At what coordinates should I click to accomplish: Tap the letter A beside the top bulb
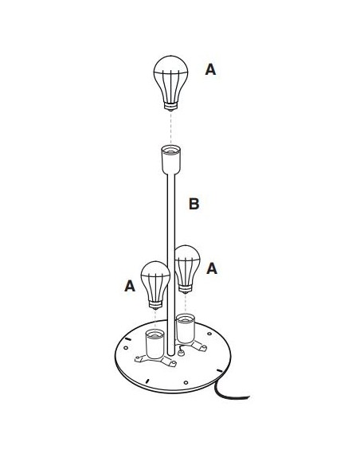point(210,69)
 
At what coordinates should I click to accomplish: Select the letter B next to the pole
point(194,204)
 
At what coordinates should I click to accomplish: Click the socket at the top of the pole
point(171,159)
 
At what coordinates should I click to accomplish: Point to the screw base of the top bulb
point(170,106)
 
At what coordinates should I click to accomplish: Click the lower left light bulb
point(155,285)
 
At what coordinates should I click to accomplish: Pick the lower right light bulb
point(187,269)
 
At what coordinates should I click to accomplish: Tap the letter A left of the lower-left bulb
point(130,286)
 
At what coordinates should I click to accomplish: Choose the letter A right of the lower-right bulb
point(212,268)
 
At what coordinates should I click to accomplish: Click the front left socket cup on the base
point(155,343)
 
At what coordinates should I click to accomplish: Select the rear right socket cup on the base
point(186,329)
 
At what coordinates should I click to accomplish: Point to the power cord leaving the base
point(229,392)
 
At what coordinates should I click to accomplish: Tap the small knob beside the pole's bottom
point(181,353)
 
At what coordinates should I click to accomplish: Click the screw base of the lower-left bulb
point(155,305)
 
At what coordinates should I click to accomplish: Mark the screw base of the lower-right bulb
point(186,289)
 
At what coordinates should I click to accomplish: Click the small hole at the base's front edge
point(186,382)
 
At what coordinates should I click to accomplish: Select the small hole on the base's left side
point(126,347)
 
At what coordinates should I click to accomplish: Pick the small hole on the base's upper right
point(209,334)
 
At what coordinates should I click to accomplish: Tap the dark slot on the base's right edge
point(220,370)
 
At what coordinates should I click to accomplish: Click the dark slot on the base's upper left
point(128,338)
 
